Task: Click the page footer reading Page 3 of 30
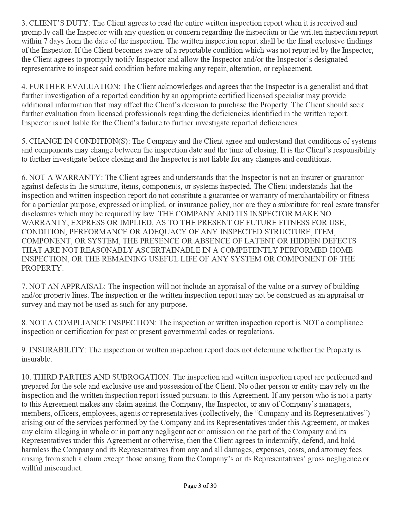pos(200,486)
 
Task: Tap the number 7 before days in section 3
pos(44,41)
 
